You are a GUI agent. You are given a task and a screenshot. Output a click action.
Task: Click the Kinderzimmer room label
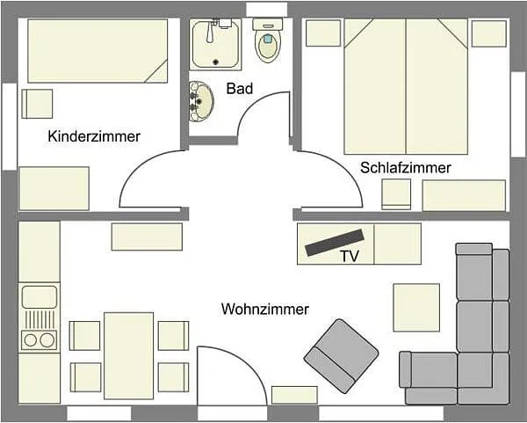coord(95,136)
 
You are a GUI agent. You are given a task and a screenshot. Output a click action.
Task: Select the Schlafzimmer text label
coord(406,167)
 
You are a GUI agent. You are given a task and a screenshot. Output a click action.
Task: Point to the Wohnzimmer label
coord(265,310)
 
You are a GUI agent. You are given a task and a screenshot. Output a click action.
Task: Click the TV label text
coord(350,256)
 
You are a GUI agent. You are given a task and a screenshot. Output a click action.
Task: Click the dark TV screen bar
coord(335,242)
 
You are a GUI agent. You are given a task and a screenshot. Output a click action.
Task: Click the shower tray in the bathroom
coord(216,44)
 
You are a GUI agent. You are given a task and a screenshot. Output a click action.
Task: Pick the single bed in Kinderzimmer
coord(97,51)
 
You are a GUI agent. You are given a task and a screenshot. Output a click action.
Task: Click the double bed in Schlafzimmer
coord(405,86)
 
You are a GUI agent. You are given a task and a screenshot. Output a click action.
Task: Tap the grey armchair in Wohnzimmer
coord(341,354)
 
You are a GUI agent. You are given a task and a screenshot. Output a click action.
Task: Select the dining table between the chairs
coord(128,354)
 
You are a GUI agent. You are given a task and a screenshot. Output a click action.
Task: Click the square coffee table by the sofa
coord(416,307)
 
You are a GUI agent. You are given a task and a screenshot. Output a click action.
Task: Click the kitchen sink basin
coord(40,296)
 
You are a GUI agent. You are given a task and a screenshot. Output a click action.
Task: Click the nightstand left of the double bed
coord(322,33)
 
